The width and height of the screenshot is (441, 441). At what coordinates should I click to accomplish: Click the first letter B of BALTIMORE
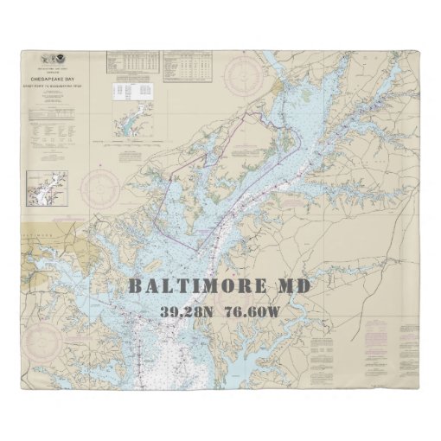pyautogui.click(x=135, y=286)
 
